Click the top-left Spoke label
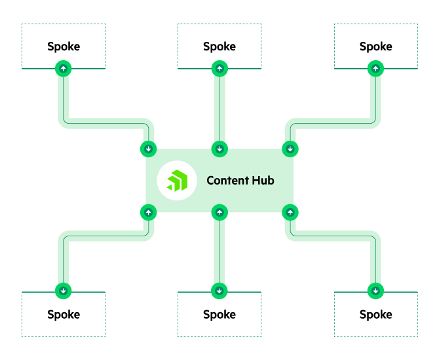(64, 46)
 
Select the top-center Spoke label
(220, 46)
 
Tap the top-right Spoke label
(375, 46)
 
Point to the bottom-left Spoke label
(64, 314)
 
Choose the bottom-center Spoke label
(220, 314)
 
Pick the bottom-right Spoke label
(375, 314)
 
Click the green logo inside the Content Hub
(177, 180)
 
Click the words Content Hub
(240, 180)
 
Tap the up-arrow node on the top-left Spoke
(64, 68)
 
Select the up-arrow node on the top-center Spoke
(220, 68)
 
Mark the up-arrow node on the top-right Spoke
(375, 68)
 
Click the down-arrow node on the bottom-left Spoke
(64, 291)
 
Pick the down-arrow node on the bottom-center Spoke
(220, 291)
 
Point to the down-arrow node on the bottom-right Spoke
(375, 291)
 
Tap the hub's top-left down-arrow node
(149, 149)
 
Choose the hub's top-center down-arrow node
(220, 149)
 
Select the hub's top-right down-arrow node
(290, 149)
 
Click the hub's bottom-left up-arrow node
(149, 212)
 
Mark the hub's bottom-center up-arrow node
(220, 212)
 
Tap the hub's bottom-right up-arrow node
(290, 212)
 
